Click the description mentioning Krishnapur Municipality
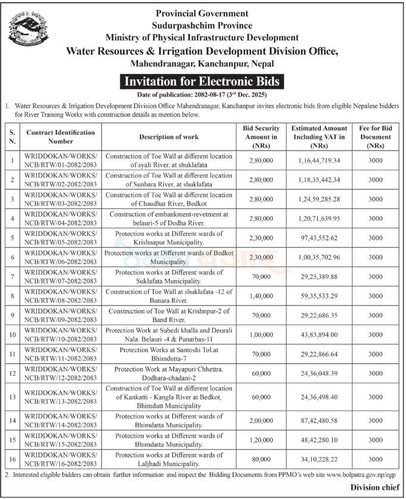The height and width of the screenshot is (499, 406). (x=169, y=238)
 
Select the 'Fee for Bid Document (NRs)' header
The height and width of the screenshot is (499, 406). (x=375, y=137)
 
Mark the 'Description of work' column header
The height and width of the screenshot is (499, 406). (x=169, y=137)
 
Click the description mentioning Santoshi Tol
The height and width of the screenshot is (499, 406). (x=169, y=354)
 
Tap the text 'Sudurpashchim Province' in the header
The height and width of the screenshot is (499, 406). (x=202, y=26)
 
